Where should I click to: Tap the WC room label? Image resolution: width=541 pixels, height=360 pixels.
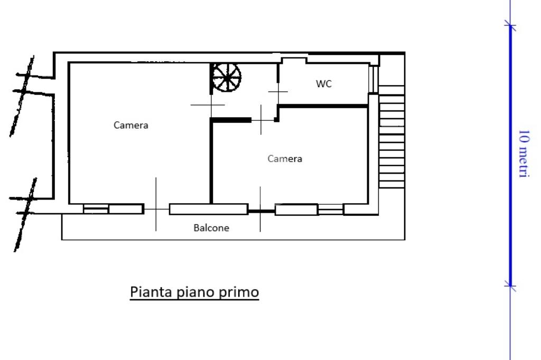324,84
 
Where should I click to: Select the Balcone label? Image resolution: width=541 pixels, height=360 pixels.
211,228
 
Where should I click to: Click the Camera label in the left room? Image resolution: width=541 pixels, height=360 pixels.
131,125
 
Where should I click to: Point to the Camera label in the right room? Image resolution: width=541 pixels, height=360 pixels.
285,158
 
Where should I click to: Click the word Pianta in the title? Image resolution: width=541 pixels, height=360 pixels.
151,292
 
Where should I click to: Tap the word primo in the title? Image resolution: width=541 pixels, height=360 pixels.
239,292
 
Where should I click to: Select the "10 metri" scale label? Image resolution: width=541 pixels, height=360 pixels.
524,154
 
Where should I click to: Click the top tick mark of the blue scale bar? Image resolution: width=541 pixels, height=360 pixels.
510,25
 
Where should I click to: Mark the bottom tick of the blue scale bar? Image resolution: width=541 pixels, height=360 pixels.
510,286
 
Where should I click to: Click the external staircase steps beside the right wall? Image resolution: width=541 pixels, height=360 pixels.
391,137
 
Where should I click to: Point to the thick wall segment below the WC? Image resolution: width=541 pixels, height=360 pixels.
323,106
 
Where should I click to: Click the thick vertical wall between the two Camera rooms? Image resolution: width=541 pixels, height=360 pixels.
211,162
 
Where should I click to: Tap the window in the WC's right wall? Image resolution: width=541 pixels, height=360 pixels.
374,79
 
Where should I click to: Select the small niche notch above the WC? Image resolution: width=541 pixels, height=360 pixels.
294,61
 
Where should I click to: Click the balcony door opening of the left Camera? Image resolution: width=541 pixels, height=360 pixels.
156,209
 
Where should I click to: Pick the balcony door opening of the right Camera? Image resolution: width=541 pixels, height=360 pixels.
262,210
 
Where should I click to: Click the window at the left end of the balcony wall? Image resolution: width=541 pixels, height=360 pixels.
96,209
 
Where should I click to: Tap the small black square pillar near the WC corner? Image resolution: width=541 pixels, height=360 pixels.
277,120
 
